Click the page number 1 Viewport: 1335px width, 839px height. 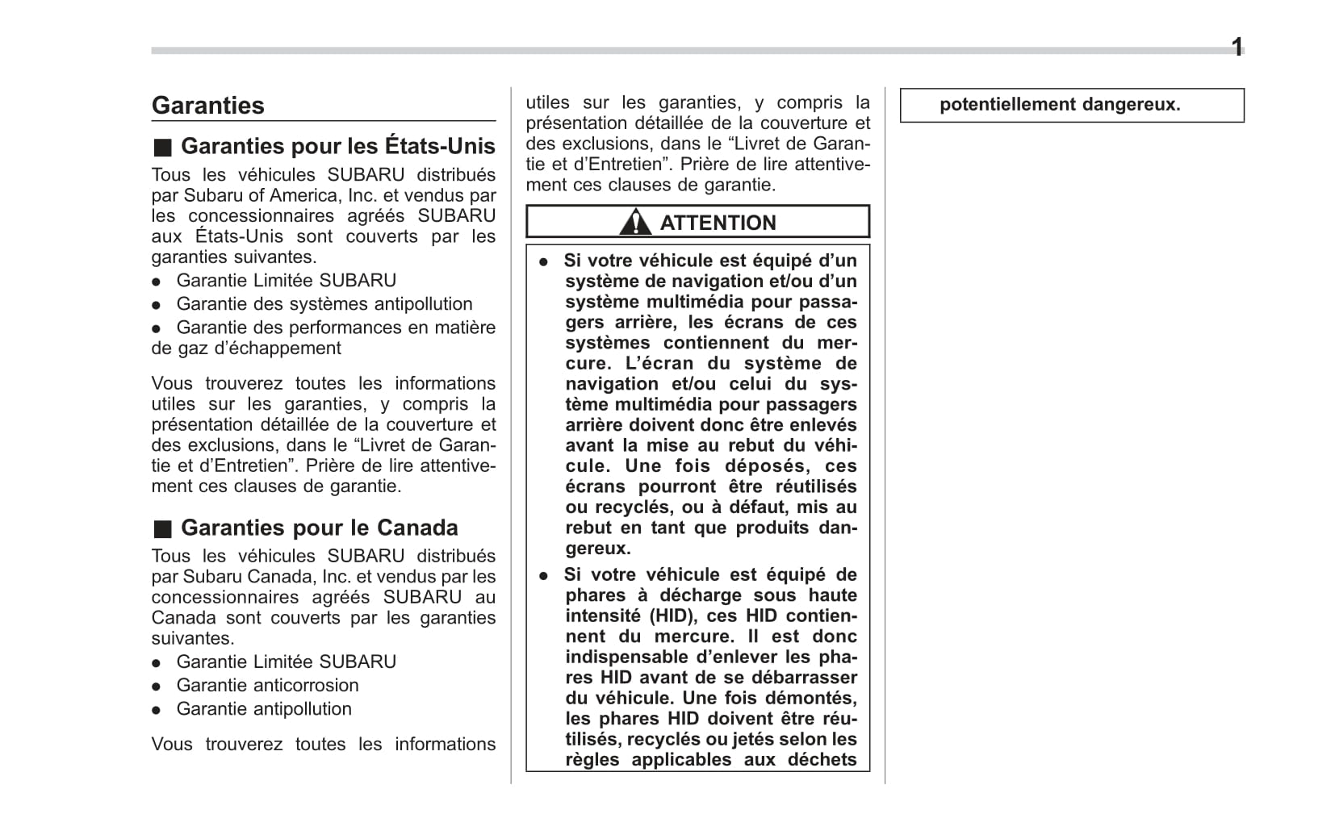[x=1237, y=48]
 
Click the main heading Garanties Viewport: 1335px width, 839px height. [x=207, y=106]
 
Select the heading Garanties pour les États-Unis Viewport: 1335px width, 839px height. [x=337, y=146]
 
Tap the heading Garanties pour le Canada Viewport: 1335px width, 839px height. [x=319, y=528]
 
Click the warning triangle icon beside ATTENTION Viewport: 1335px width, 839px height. [x=635, y=222]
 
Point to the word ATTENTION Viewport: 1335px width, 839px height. [x=718, y=223]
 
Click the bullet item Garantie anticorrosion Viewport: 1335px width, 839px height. [x=267, y=685]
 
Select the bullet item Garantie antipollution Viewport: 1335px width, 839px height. [x=264, y=708]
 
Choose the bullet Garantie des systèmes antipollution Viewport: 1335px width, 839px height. [x=324, y=303]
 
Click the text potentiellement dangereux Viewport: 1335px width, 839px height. [x=1059, y=104]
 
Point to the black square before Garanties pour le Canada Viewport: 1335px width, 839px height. [x=162, y=529]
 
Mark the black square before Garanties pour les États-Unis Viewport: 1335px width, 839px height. [x=162, y=148]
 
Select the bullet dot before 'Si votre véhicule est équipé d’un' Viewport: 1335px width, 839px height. [x=544, y=261]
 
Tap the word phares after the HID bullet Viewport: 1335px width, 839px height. [x=596, y=595]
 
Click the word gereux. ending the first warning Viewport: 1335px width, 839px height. [x=598, y=549]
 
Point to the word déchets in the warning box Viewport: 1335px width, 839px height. [x=822, y=759]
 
